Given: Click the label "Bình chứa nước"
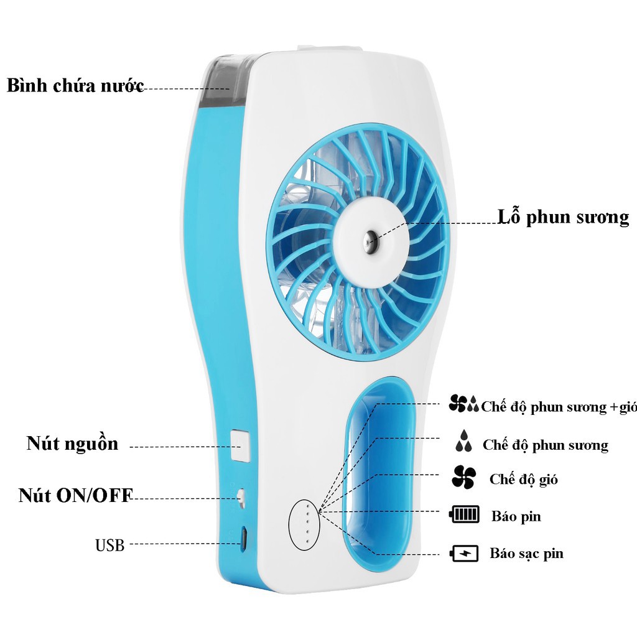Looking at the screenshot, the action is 75,85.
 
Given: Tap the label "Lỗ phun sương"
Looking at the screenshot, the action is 563,217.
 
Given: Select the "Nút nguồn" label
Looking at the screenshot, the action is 72,444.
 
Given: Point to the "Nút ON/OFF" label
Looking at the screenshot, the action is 75,495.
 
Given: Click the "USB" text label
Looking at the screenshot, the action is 109,546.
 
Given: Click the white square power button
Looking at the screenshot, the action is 240,445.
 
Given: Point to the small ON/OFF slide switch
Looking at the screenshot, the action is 241,497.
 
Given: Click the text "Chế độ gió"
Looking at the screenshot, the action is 523,479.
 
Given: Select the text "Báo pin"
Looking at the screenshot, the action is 516,516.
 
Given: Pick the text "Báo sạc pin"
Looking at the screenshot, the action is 526,553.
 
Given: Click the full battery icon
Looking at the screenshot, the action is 465,515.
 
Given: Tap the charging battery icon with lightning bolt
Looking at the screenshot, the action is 464,553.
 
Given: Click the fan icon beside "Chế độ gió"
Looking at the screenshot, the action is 463,478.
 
